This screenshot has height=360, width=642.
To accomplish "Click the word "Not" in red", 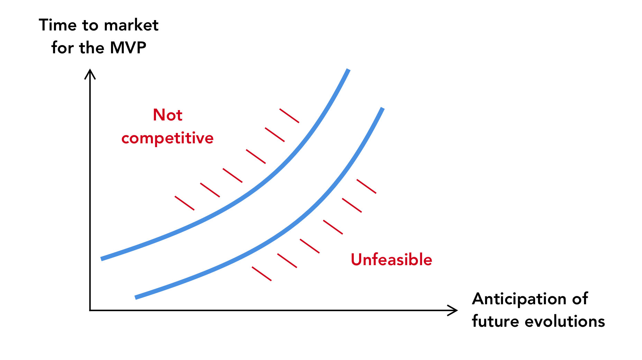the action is point(167,115).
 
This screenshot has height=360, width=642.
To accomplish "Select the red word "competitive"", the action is point(167,138).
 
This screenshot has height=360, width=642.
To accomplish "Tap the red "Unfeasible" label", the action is point(391,260).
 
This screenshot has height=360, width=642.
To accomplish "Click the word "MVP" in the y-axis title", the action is point(128,48).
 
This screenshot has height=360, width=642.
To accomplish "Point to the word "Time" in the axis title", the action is point(58,25).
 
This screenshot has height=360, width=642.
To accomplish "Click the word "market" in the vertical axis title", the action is point(131,25).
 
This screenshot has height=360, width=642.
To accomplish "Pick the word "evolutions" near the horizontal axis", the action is point(565,322).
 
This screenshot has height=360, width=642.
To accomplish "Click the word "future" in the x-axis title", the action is point(495,322).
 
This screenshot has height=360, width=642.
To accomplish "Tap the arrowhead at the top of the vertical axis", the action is point(90,70).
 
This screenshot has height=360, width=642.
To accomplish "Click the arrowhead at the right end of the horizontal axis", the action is point(456,310).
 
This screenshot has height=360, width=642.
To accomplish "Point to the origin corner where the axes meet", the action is point(90,310).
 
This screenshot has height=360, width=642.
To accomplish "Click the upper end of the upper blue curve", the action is point(348,70).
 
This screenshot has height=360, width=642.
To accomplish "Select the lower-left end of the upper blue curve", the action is point(101,259).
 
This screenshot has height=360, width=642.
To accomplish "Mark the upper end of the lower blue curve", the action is point(383,108).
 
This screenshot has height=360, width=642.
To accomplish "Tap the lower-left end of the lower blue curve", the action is point(135,298).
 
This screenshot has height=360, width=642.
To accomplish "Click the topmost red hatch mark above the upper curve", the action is point(290,116).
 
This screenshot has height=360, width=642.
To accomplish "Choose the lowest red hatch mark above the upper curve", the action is point(185,203).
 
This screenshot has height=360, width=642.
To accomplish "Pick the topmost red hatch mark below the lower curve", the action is point(366,186).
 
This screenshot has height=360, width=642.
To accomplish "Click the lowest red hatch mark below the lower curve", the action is point(262,274).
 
